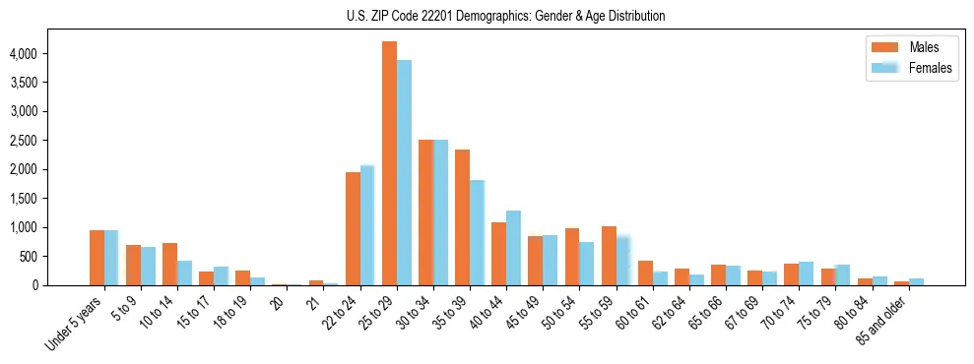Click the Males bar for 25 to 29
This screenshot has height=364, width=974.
(389, 163)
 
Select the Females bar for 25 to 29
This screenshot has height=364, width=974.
(404, 173)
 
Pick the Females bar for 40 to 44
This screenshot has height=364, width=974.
(513, 248)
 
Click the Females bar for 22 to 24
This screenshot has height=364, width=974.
(367, 225)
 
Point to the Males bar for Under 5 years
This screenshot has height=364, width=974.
(97, 258)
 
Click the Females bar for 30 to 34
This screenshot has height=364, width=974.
(440, 212)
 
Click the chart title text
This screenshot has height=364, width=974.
(505, 16)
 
